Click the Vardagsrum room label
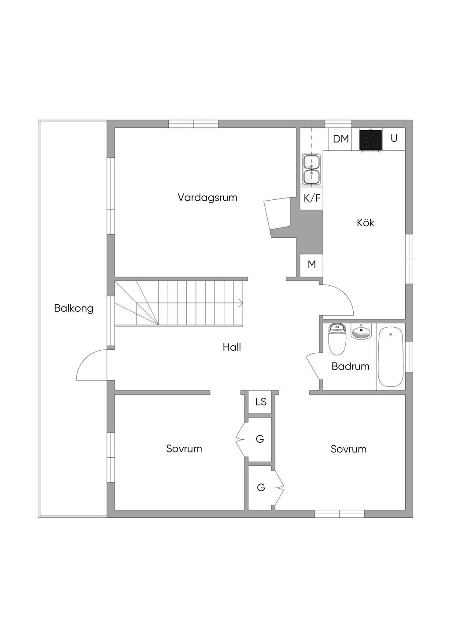(207, 197)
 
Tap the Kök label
(365, 223)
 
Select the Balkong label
(74, 308)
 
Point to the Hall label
(232, 347)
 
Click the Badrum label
(350, 366)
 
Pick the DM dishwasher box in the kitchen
(340, 139)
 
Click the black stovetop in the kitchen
(370, 140)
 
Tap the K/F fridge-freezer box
(312, 198)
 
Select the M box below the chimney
(311, 265)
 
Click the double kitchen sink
(311, 170)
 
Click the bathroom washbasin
(362, 332)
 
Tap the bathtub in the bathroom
(390, 356)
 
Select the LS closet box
(261, 402)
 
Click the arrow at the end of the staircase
(240, 303)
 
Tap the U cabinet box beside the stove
(394, 138)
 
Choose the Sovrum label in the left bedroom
(184, 448)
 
